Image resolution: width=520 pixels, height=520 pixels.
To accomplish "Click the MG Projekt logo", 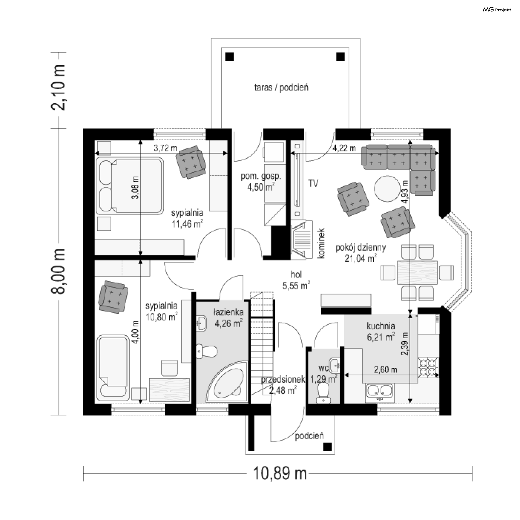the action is pyautogui.click(x=497, y=10).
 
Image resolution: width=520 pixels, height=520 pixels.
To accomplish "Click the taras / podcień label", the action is pyautogui.click(x=281, y=88).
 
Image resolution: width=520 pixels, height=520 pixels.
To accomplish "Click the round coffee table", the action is pyautogui.click(x=387, y=188).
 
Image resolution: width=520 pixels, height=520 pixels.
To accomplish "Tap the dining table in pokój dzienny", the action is pyautogui.click(x=417, y=272).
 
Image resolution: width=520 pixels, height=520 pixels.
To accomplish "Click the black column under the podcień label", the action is pyautogui.click(x=328, y=446).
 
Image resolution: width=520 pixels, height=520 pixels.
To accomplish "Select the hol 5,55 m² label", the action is pyautogui.click(x=296, y=280).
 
